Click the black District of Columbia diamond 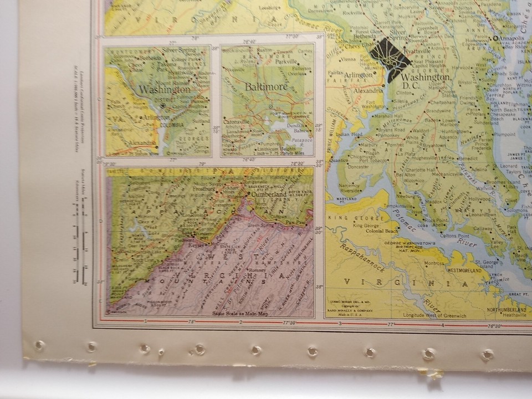click(x=390, y=60)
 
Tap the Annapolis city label click(x=513, y=38)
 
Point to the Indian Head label click(x=349, y=134)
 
